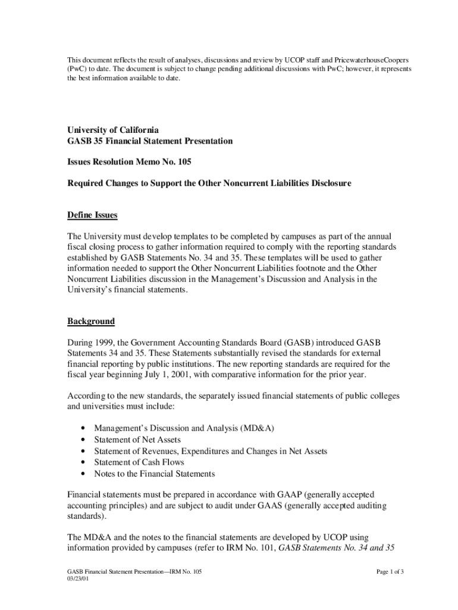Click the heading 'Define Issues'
pos(92,215)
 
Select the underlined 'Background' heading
pos(91,321)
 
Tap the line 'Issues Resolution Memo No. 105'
pos(129,161)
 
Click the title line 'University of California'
pos(113,130)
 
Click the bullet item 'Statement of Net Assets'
pos(137,440)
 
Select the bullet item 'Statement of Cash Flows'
pos(139,462)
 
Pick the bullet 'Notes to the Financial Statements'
pos(155,474)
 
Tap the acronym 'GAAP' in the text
pos(290,494)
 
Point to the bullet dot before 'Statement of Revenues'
pos(81,452)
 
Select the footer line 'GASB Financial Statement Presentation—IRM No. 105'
pos(134,572)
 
